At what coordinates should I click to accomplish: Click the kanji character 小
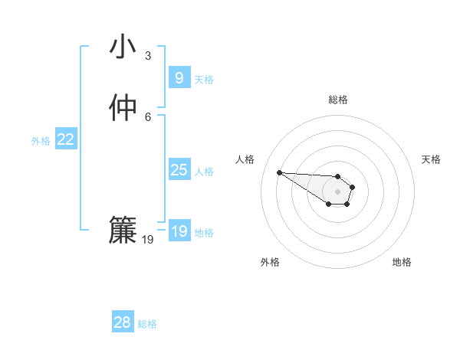tap(123, 47)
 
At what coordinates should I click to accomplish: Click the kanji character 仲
tap(123, 108)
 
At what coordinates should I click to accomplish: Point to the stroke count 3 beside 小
tap(148, 56)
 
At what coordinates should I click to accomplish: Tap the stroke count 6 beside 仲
tap(148, 116)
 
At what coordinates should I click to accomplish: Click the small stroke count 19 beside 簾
tap(148, 240)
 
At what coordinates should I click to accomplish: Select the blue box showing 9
tap(179, 78)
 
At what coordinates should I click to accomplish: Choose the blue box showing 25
tap(179, 170)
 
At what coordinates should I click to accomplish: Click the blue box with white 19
tap(179, 231)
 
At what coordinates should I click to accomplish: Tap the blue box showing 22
tap(66, 139)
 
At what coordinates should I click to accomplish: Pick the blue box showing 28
tap(122, 322)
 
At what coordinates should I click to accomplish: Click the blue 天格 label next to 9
tap(204, 79)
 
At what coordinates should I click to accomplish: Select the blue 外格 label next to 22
tap(41, 140)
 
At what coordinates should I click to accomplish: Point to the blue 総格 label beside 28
tap(147, 323)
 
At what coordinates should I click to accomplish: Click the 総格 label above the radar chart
tap(338, 100)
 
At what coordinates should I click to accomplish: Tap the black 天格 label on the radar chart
tap(431, 159)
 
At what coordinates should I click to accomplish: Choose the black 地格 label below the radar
tap(402, 262)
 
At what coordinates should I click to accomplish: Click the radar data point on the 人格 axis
tap(280, 172)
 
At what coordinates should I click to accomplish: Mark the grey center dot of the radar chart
tap(338, 191)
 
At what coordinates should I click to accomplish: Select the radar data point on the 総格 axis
tap(338, 176)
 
